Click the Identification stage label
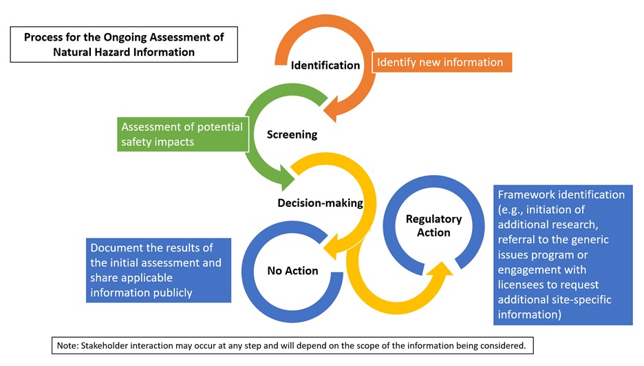pyautogui.click(x=325, y=65)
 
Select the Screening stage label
pyautogui.click(x=292, y=134)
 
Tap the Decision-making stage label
pyautogui.click(x=310, y=203)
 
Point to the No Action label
pyautogui.click(x=292, y=271)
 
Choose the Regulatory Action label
pyautogui.click(x=433, y=225)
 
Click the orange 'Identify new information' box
pyautogui.click(x=440, y=63)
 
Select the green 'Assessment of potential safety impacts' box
pyautogui.click(x=182, y=134)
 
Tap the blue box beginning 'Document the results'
pyautogui.click(x=158, y=270)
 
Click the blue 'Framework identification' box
pyautogui.click(x=562, y=254)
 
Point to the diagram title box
pyautogui.click(x=124, y=44)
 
